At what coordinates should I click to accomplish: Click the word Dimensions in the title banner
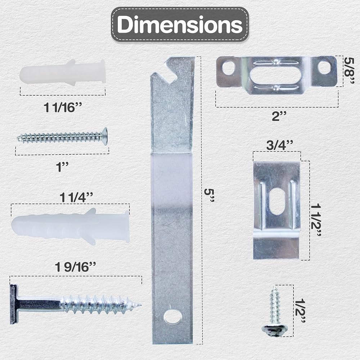180,24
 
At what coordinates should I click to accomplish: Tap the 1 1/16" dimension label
63,107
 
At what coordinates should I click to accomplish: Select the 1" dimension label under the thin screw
62,167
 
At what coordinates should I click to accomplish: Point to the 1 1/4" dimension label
76,197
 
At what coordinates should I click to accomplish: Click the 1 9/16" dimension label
75,267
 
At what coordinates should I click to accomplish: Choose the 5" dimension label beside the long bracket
209,195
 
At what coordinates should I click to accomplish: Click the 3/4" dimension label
280,145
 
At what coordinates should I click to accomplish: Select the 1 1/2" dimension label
316,220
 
